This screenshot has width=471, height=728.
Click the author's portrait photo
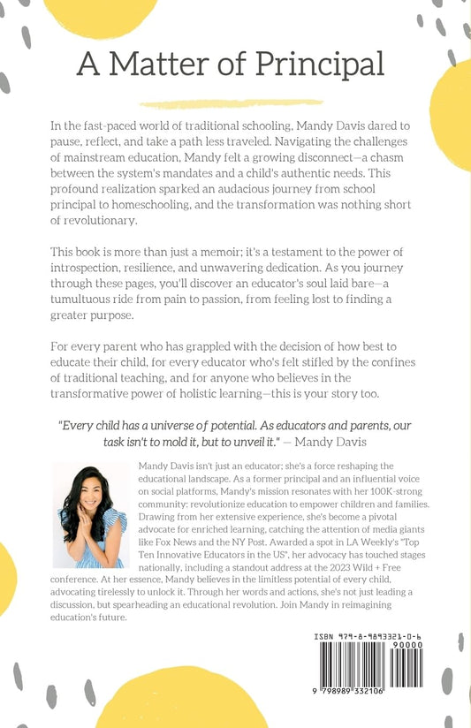pyautogui.click(x=91, y=515)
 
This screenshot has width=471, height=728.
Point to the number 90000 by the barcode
pyautogui.click(x=434, y=646)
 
